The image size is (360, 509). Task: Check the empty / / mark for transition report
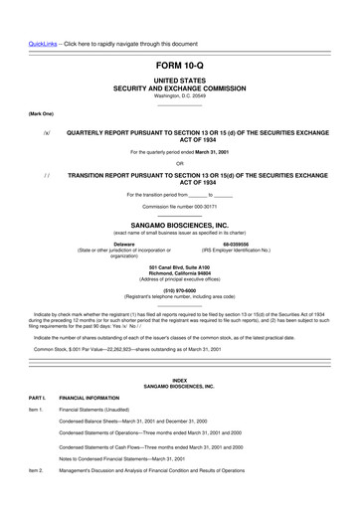click(46, 174)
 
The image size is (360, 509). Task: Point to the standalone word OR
click(179, 163)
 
